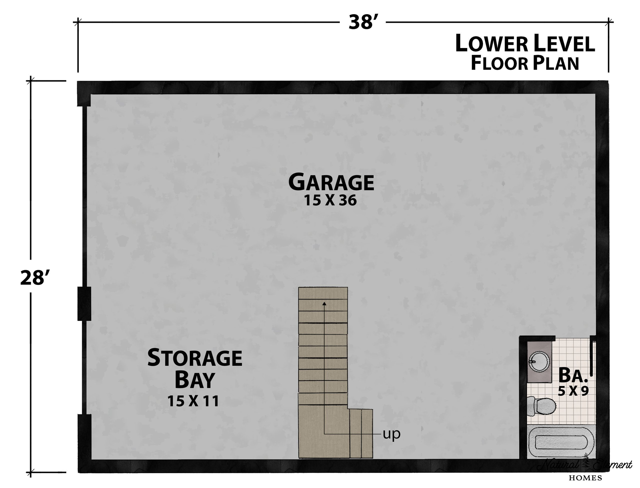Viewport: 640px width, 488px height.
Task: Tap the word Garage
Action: point(331,182)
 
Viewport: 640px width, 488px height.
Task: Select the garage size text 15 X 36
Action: point(330,200)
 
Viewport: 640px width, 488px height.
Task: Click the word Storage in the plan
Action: point(195,358)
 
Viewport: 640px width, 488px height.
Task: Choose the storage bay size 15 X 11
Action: point(193,401)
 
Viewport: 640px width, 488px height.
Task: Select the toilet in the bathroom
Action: point(542,406)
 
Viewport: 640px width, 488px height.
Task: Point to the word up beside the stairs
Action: point(392,434)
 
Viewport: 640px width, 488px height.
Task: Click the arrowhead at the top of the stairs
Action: point(324,304)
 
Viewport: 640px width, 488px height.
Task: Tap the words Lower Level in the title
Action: point(525,43)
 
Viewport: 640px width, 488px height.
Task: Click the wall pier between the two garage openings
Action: point(84,304)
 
